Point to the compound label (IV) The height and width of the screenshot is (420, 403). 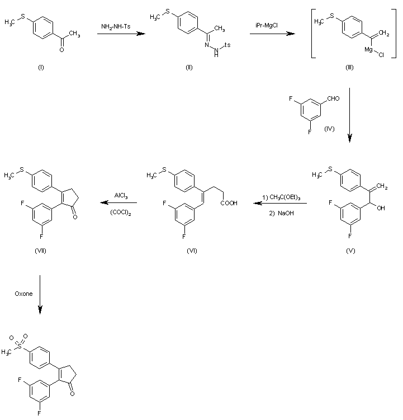tap(329, 129)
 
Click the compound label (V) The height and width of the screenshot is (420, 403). tap(350, 251)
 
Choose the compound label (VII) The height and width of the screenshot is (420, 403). tap(40, 251)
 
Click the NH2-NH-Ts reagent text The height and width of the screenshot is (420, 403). tap(116, 26)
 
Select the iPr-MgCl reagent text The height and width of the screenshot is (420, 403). tap(267, 26)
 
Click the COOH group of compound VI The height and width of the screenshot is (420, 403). tap(229, 203)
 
